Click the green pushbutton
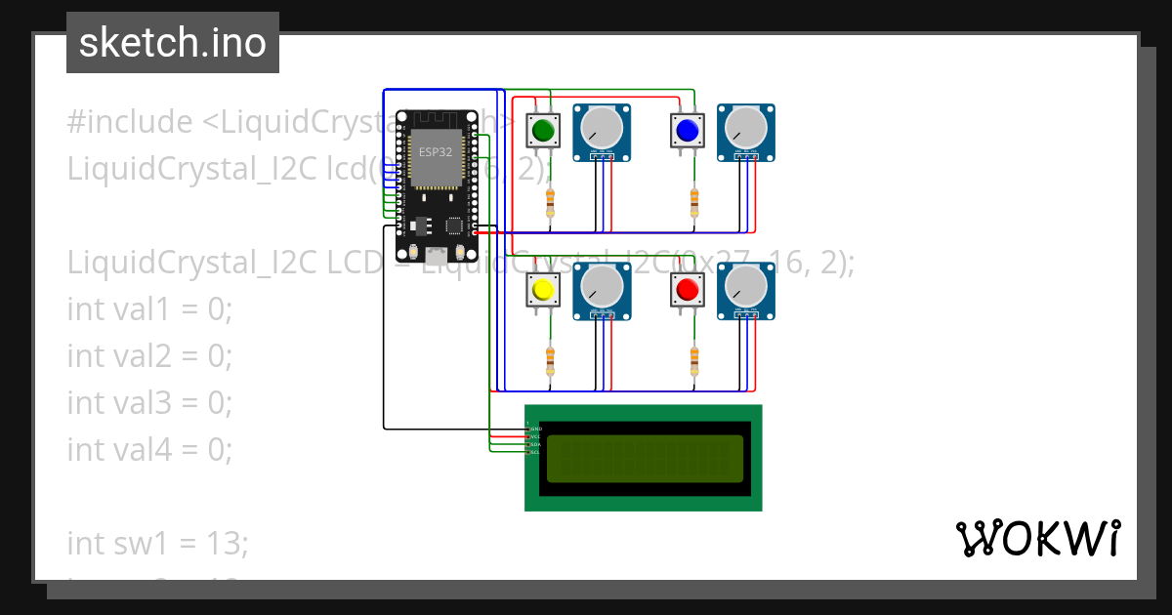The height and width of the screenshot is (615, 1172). pos(543,130)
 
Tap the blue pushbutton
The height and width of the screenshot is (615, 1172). pos(688,130)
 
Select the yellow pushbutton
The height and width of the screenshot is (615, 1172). pos(543,290)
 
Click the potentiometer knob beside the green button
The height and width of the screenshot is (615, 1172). pos(602,128)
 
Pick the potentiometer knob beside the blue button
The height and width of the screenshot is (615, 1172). pos(747,128)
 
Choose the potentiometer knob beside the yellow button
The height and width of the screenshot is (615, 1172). pos(602,286)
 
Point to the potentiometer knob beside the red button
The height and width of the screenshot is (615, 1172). pos(747,286)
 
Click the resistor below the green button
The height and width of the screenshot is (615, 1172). pos(550,203)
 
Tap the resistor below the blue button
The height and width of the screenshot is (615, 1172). pos(694,203)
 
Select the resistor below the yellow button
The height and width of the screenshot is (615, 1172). pos(550,361)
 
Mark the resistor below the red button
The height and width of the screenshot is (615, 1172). pos(694,361)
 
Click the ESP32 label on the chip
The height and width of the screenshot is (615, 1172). pos(435,151)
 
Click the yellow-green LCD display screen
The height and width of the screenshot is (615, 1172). pos(644,459)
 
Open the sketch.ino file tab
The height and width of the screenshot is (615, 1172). pos(173,43)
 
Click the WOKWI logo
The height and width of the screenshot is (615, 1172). pos(1037,539)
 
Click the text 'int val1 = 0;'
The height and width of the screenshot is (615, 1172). pos(149,309)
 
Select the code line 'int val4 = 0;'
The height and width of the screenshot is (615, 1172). pos(149,449)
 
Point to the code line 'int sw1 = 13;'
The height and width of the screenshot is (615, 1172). pos(157,543)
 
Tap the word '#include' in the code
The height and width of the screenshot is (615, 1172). pos(130,123)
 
